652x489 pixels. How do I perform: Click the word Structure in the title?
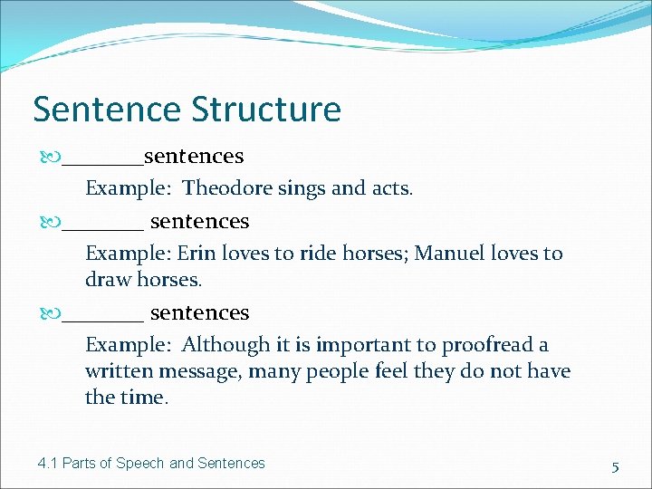(266, 110)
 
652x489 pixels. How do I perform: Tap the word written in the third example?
(120, 371)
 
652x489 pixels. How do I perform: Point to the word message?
(198, 371)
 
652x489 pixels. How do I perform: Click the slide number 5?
(615, 467)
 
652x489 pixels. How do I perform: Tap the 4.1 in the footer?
(48, 463)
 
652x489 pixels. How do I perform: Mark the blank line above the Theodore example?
(102, 163)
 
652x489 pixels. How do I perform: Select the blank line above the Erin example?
(102, 228)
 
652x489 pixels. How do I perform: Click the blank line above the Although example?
(102, 320)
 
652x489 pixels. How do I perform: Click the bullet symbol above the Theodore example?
(52, 157)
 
